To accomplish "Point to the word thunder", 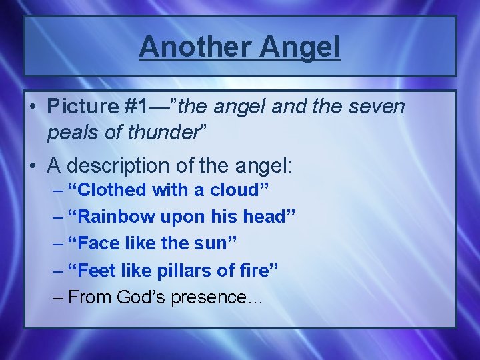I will pos(169,132).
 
